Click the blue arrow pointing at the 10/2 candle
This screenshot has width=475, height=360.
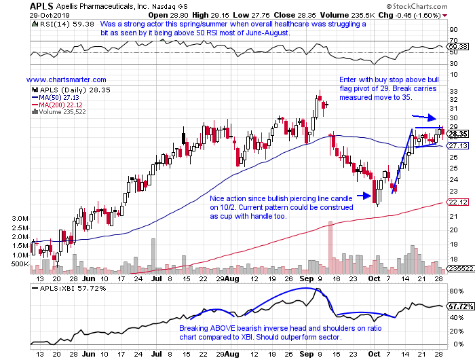pos(362,197)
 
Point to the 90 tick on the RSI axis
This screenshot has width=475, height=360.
pos(451,29)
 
